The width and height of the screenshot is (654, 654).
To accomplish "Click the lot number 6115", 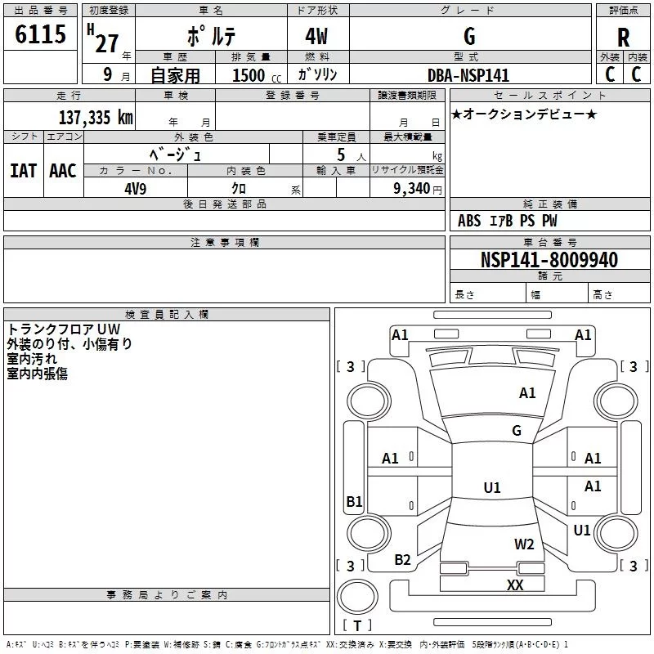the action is [40, 34].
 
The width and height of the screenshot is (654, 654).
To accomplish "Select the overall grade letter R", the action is [623, 38].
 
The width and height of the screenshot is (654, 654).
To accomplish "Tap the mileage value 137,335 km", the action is [96, 118].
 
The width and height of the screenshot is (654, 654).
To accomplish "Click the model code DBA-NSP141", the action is [468, 75].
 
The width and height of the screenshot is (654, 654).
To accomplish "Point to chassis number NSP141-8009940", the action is [549, 260].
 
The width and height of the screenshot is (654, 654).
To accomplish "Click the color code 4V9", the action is [136, 189].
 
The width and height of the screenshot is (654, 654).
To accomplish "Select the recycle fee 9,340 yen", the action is [418, 189].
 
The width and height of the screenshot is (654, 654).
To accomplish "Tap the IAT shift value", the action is [24, 171].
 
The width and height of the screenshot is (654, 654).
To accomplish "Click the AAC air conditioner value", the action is [63, 171].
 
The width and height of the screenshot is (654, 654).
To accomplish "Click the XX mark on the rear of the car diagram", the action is [515, 585].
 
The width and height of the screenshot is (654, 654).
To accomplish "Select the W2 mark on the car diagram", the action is [524, 544].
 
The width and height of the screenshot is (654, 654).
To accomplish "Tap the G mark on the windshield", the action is [517, 431].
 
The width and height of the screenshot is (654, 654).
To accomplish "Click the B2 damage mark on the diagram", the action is [402, 559].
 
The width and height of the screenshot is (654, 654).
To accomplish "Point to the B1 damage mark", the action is [354, 501].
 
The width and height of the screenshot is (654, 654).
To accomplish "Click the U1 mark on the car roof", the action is [492, 487].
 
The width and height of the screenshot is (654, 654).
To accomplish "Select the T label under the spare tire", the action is [357, 625].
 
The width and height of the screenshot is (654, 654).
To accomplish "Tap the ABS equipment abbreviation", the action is [469, 221].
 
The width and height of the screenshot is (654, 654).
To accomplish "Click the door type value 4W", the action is [316, 36].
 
